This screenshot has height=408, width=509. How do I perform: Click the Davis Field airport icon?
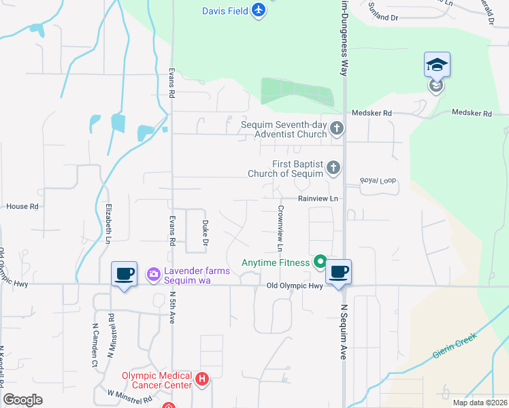coord(258,11)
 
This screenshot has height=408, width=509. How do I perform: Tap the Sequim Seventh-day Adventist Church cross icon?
coord(335,129)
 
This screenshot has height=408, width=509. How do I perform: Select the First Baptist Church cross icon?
coord(333,167)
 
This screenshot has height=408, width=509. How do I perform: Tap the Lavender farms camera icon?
coord(153,273)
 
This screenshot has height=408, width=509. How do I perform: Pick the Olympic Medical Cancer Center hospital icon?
coord(201,379)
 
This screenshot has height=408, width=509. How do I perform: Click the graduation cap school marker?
coord(437,65)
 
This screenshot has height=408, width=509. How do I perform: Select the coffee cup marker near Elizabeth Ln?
coord(123,274)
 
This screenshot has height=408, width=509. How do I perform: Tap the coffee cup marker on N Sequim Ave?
coord(338,273)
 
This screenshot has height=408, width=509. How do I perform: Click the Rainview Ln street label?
coord(317,199)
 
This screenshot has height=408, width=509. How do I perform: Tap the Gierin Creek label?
coord(450,346)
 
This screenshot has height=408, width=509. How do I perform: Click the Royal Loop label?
coord(377,180)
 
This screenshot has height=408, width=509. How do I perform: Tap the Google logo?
coord(23,400)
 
